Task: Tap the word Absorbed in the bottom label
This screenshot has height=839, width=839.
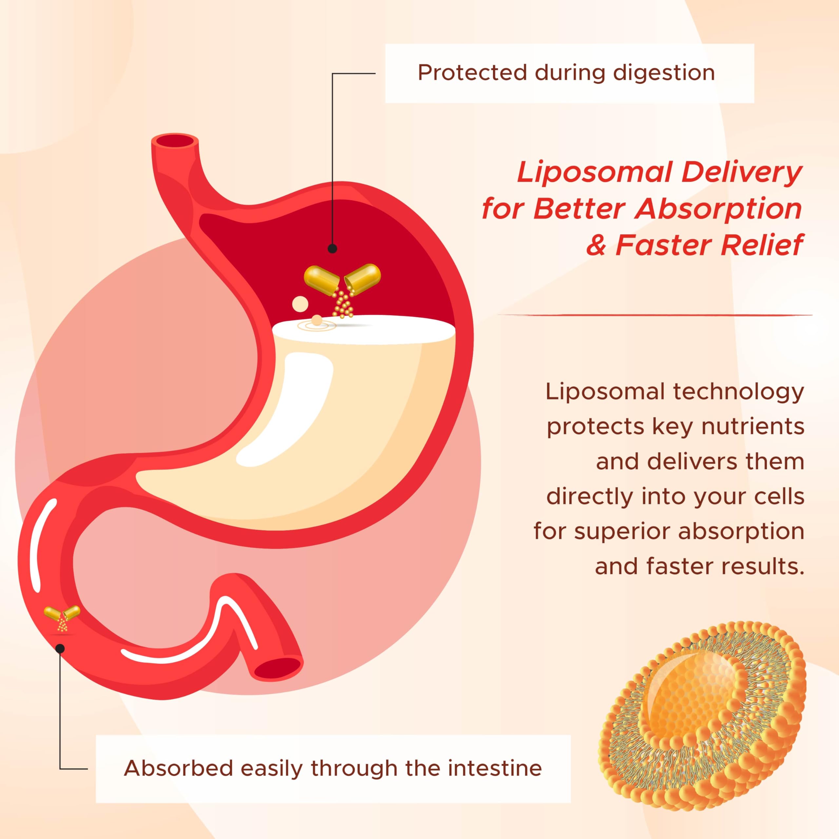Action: pyautogui.click(x=179, y=768)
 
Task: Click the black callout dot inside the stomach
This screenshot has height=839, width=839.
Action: pyautogui.click(x=332, y=249)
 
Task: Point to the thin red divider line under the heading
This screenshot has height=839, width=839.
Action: pyautogui.click(x=655, y=314)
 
